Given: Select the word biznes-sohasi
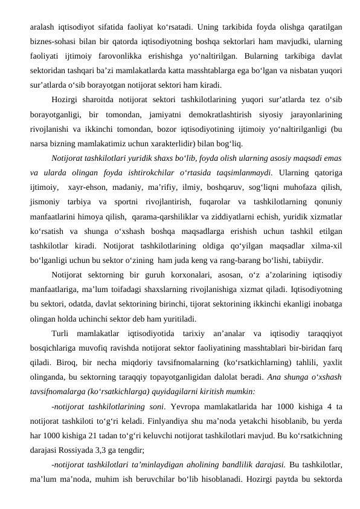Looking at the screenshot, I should pyautogui.click(x=50, y=42).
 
